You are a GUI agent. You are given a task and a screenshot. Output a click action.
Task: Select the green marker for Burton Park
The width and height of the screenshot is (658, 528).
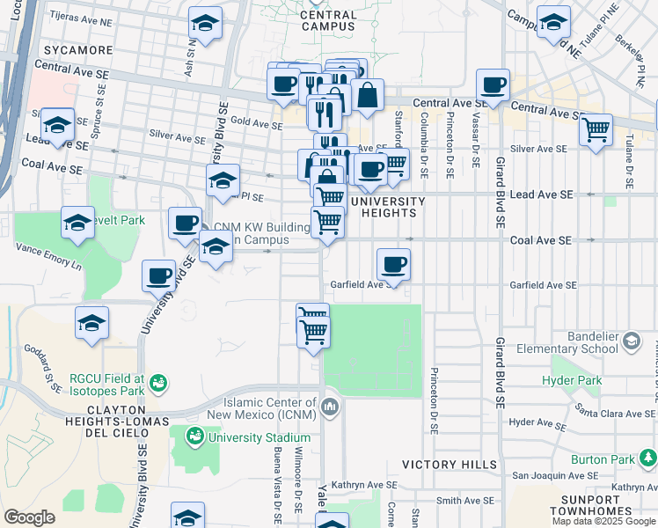click(648, 458)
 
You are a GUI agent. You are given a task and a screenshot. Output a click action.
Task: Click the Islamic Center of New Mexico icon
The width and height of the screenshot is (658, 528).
click(330, 406)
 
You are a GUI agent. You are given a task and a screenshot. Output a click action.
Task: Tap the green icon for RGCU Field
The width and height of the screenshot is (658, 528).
click(158, 383)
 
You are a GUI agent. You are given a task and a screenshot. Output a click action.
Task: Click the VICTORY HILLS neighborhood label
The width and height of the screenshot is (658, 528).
click(449, 464)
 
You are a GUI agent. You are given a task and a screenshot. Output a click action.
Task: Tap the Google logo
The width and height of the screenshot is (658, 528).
click(29, 517)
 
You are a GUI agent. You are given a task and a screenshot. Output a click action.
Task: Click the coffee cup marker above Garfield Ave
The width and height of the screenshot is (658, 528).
click(393, 264)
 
